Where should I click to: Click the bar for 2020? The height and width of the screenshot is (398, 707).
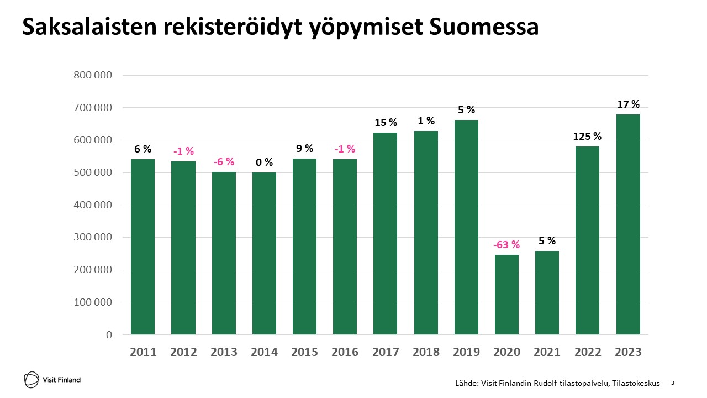pyautogui.click(x=506, y=295)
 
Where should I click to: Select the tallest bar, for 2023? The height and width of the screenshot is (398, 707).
pyautogui.click(x=628, y=224)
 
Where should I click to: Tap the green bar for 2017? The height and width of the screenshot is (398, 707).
pyautogui.click(x=386, y=234)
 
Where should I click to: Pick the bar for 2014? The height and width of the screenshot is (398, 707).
pyautogui.click(x=264, y=254)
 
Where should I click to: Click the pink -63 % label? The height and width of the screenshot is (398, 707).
pyautogui.click(x=506, y=244)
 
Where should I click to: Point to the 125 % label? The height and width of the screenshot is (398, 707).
pyautogui.click(x=587, y=136)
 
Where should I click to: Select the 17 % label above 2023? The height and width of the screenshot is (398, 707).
pyautogui.click(x=628, y=104)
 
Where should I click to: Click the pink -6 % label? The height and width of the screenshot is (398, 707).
pyautogui.click(x=224, y=162)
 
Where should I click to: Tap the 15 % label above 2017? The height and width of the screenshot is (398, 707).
pyautogui.click(x=386, y=122)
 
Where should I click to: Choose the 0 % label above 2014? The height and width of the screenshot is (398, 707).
pyautogui.click(x=264, y=163)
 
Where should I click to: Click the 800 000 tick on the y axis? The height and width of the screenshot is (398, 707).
pyautogui.click(x=93, y=75)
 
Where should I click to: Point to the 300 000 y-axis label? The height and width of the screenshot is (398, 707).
pyautogui.click(x=93, y=238)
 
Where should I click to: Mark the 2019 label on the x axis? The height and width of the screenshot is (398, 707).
pyautogui.click(x=466, y=352)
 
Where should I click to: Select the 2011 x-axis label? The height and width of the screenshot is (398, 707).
pyautogui.click(x=143, y=352)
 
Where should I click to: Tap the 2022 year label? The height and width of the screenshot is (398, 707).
pyautogui.click(x=588, y=352)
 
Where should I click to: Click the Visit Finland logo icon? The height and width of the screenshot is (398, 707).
pyautogui.click(x=31, y=379)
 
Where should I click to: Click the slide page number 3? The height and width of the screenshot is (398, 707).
pyautogui.click(x=672, y=383)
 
